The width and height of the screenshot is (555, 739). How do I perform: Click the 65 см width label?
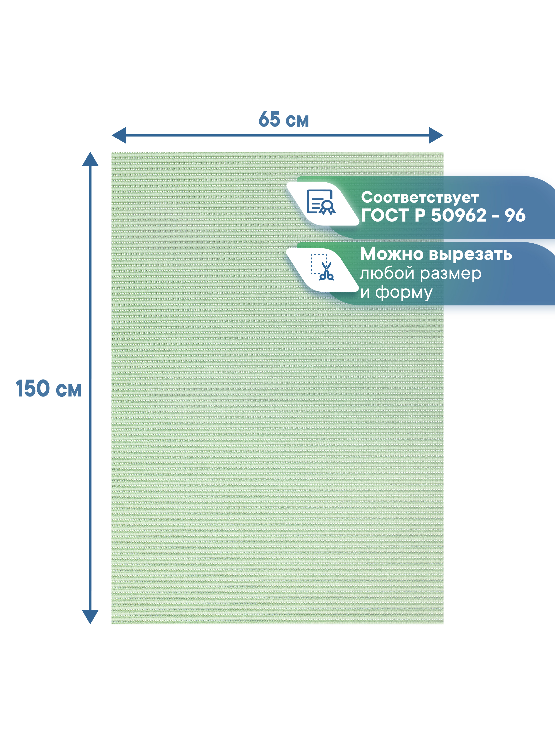(x=284, y=119)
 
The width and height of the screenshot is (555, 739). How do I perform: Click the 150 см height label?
(x=48, y=389)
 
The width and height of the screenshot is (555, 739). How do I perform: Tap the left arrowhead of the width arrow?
(x=119, y=135)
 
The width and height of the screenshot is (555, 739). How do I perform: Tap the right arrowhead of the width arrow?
(x=436, y=135)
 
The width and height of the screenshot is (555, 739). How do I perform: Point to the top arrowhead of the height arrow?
(x=90, y=159)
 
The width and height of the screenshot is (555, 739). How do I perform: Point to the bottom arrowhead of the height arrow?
(x=90, y=616)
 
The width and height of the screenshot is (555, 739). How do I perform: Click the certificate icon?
(x=320, y=202)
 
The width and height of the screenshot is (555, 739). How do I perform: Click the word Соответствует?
(x=420, y=198)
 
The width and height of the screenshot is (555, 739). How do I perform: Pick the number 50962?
(x=458, y=215)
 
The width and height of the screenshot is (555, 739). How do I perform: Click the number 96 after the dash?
(x=515, y=215)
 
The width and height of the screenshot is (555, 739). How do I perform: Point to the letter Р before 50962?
(x=420, y=215)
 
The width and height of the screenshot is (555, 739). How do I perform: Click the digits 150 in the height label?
(x=33, y=389)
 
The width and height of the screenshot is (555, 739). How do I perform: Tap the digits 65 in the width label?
(x=269, y=119)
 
